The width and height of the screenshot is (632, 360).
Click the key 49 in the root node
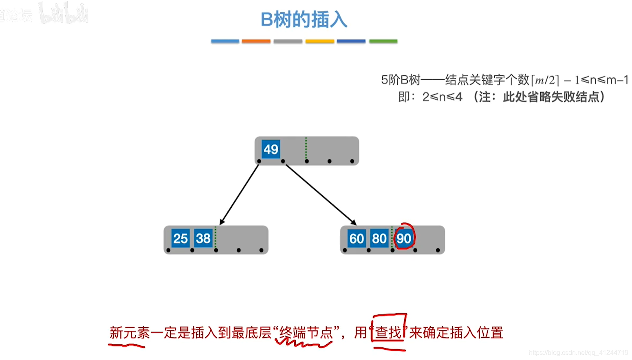click(271, 149)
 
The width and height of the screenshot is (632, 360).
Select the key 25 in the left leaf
click(180, 238)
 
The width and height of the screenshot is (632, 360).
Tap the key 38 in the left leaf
click(203, 238)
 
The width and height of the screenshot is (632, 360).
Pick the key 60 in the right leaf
click(357, 238)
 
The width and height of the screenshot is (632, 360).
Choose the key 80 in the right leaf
click(379, 238)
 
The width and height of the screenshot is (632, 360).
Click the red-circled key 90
click(404, 238)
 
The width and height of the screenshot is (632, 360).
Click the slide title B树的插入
click(304, 20)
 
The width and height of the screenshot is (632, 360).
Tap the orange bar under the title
click(256, 41)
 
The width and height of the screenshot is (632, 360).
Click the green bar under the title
click(383, 41)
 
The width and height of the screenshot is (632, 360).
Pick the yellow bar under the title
click(319, 41)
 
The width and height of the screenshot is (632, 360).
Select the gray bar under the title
click(288, 41)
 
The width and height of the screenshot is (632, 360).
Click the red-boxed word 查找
click(388, 333)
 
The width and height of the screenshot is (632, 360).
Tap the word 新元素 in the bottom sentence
click(130, 333)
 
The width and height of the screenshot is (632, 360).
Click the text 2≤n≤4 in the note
click(442, 97)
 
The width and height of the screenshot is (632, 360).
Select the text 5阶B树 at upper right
click(401, 80)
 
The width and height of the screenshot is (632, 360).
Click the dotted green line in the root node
click(306, 148)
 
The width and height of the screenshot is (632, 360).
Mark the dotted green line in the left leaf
click(215, 237)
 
